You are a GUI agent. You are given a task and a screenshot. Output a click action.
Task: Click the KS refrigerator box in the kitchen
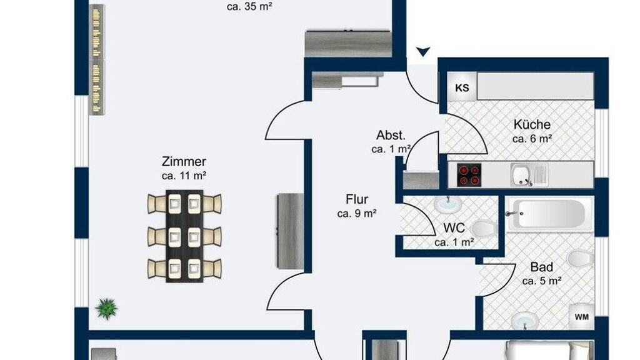click(462, 87)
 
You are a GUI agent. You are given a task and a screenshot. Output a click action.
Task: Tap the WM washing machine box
click(581, 317)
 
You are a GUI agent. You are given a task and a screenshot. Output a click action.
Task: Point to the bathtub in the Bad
click(546, 216)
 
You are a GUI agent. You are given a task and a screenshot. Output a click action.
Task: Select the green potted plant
click(107, 307)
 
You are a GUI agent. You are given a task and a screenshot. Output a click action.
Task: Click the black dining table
click(184, 236)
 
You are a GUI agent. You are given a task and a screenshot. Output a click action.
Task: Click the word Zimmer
click(183, 162)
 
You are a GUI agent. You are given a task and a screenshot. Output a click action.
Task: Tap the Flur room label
click(357, 200)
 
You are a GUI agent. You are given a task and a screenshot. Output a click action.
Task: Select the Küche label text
click(532, 124)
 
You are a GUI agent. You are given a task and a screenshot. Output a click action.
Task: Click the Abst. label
click(391, 135)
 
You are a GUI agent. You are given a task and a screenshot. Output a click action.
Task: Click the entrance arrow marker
click(424, 52)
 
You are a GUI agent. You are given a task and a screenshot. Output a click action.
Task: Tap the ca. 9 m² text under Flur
click(357, 214)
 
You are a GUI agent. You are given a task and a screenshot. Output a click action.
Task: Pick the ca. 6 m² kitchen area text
click(532, 139)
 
